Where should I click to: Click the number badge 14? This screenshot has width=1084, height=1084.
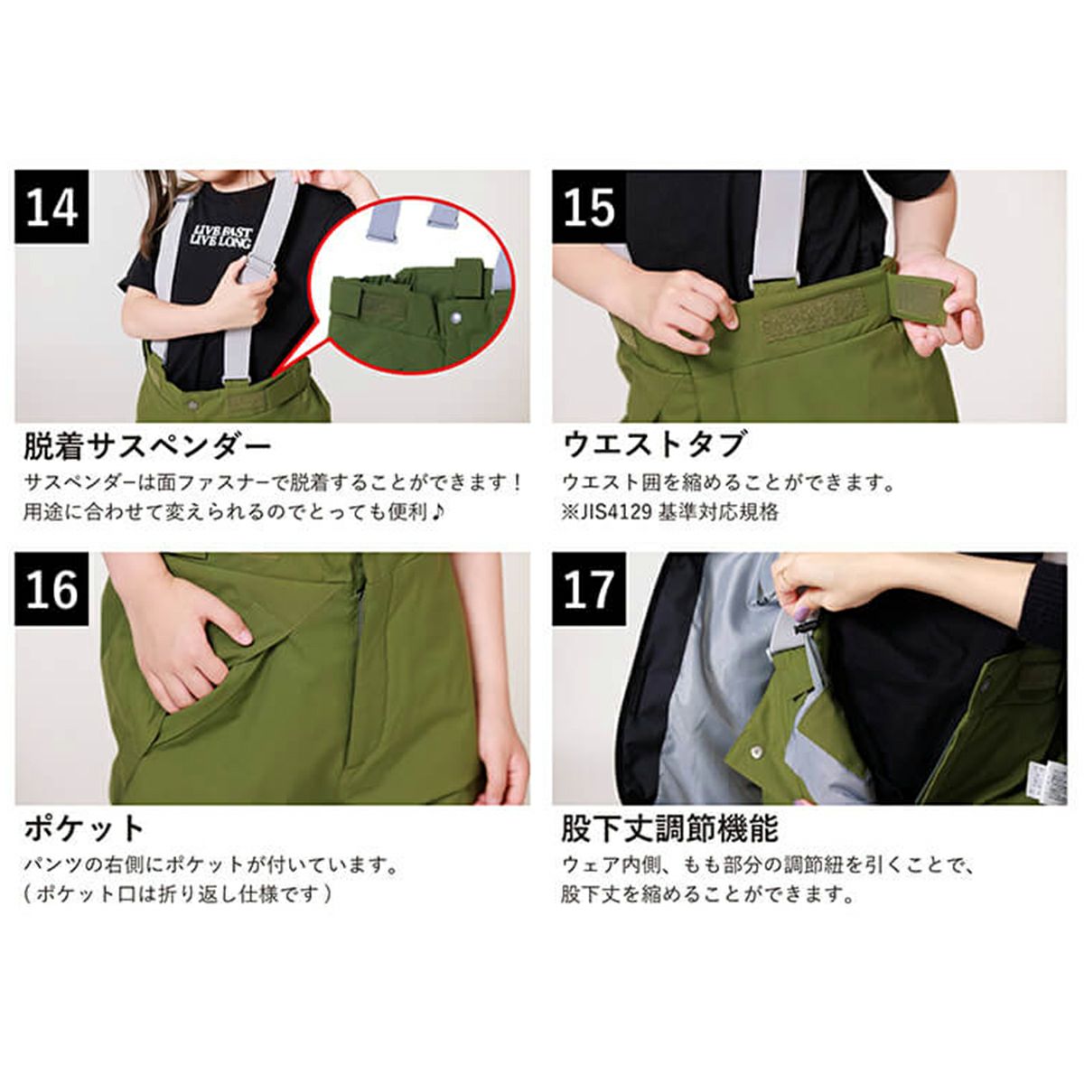pos(51,207)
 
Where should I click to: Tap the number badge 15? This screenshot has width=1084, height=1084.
pos(589,207)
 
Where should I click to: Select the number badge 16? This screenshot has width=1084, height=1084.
pos(51,589)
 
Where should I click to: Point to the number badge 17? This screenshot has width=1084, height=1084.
pos(589,589)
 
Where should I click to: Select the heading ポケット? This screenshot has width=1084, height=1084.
pos(84,829)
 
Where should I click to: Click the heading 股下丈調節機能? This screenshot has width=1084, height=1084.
pos(669,828)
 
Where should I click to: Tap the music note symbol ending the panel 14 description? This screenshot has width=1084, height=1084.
pos(436,513)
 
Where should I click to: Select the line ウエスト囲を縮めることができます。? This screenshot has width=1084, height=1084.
pos(728,482)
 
